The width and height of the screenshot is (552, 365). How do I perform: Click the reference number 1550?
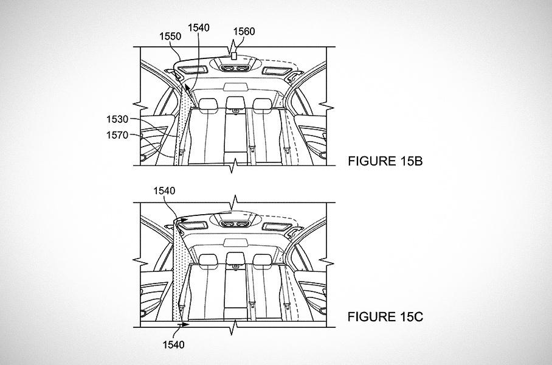pos(170,36)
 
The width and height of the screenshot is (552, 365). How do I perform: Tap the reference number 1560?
pos(244,32)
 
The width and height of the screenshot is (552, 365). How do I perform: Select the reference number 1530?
pos(117,119)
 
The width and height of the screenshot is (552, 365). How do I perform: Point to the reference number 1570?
pos(117,135)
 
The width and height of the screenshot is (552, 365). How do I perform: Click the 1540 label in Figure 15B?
pos(199,27)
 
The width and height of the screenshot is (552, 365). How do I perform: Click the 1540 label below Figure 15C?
pos(173,344)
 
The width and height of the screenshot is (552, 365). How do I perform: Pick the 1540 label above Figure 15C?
pos(164,190)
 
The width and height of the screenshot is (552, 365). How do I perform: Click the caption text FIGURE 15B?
pos(385,161)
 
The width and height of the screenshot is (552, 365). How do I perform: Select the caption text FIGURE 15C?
pos(385,317)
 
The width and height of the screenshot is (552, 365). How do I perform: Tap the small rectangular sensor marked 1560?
pos(233,56)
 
